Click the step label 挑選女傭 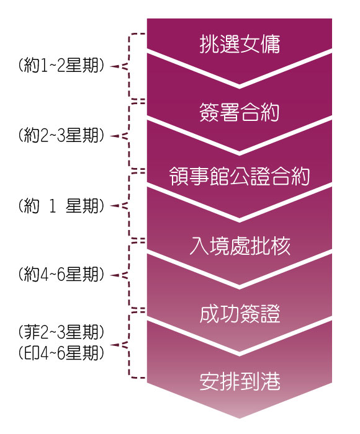click(240, 44)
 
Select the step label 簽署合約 click(240, 112)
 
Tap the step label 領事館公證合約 click(240, 176)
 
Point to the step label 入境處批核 click(240, 246)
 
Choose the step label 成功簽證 click(240, 314)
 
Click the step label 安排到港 click(240, 381)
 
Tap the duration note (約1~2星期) click(61, 66)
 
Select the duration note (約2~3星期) click(61, 135)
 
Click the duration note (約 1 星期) click(61, 206)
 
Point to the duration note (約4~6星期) click(61, 275)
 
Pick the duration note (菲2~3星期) click(61, 332)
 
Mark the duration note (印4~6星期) click(61, 353)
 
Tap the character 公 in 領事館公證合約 click(240, 176)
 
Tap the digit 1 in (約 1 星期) click(52, 206)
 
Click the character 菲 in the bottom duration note click(31, 332)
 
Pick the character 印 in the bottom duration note click(31, 353)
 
